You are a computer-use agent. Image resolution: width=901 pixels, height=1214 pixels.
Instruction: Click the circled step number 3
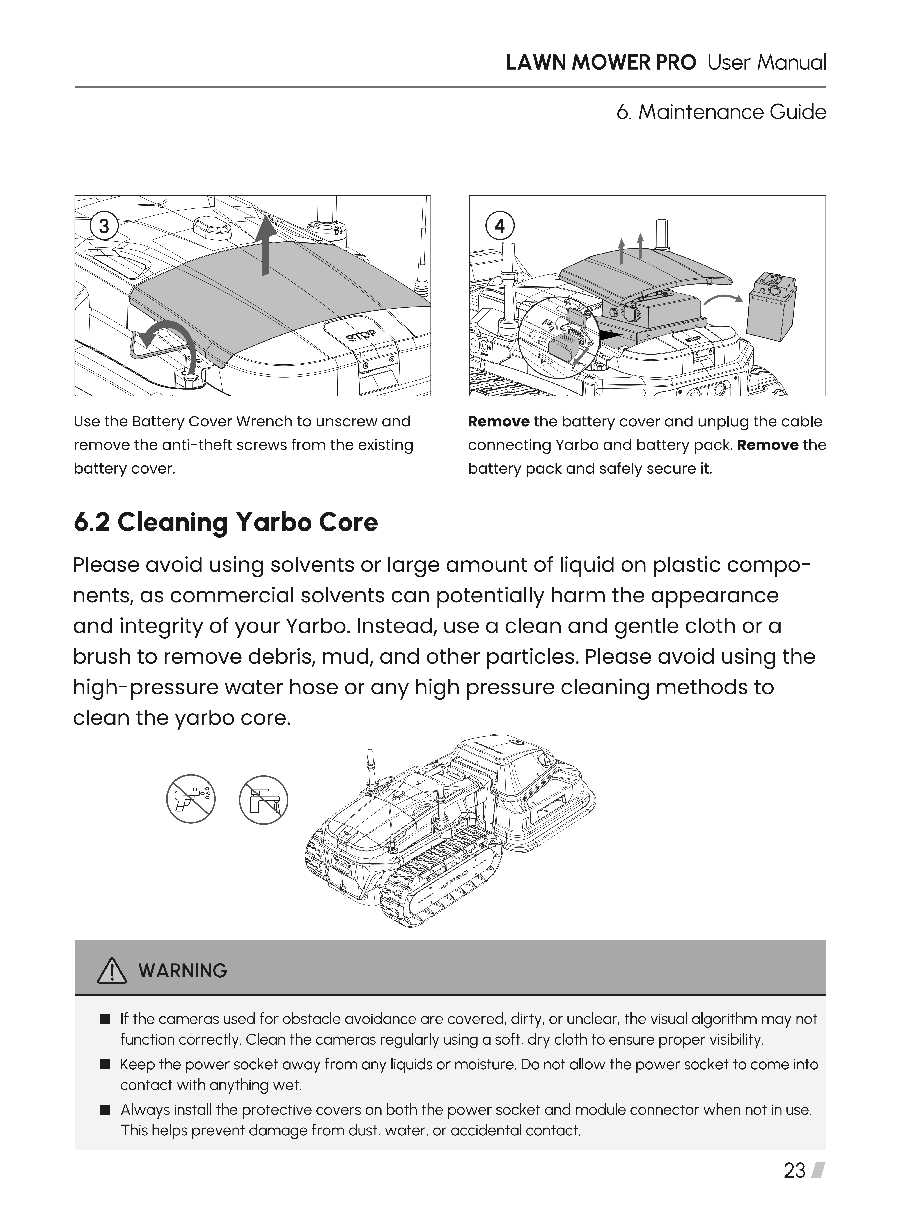[x=104, y=226]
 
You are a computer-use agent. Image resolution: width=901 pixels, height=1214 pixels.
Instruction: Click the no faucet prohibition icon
[x=263, y=800]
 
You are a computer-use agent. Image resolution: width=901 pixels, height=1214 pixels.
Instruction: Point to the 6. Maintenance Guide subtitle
[x=721, y=112]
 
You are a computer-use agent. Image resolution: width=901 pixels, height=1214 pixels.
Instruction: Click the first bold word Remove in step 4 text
[x=499, y=422]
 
